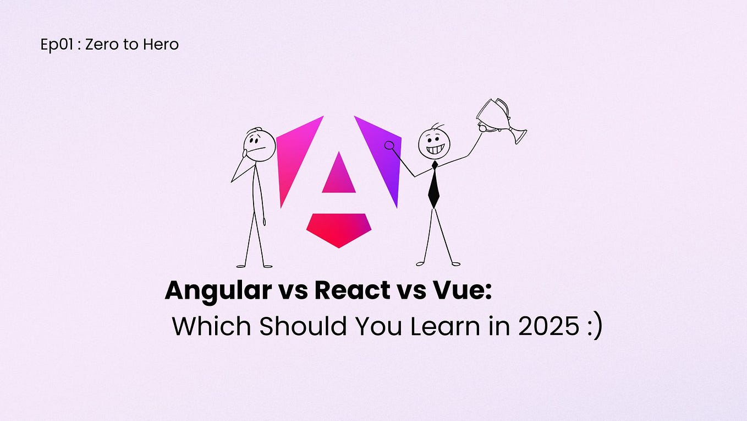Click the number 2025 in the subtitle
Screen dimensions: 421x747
coord(547,326)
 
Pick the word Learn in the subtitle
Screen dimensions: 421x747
coord(440,326)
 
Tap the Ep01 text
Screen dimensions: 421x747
coord(57,45)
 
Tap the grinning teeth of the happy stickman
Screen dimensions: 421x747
coord(434,149)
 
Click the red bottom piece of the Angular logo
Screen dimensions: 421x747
coord(338,228)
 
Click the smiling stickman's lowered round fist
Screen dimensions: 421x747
coord(389,146)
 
